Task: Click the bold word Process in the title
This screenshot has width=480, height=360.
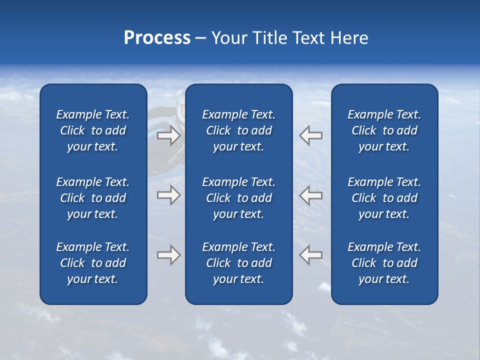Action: [157, 38]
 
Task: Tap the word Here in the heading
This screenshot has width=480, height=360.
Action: [348, 38]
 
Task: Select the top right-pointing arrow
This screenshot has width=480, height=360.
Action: [168, 135]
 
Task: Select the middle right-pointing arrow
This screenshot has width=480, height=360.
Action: [168, 194]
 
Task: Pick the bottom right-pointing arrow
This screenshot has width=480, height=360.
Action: [168, 254]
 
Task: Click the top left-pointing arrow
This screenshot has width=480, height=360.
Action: [311, 135]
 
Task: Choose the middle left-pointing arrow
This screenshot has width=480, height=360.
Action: [311, 194]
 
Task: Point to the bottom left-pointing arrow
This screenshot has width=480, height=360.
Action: [311, 254]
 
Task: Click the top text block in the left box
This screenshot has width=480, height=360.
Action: [93, 130]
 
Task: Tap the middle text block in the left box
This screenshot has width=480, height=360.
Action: [93, 198]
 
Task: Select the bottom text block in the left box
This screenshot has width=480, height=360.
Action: [93, 263]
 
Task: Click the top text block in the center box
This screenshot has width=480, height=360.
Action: [238, 130]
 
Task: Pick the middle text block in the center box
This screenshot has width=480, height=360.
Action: [238, 198]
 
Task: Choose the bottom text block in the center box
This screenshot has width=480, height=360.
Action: [238, 263]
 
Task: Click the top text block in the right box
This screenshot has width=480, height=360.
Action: [384, 130]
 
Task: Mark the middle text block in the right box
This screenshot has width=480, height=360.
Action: [384, 198]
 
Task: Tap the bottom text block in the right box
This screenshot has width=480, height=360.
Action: [384, 263]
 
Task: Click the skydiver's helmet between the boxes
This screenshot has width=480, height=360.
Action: [180, 111]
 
